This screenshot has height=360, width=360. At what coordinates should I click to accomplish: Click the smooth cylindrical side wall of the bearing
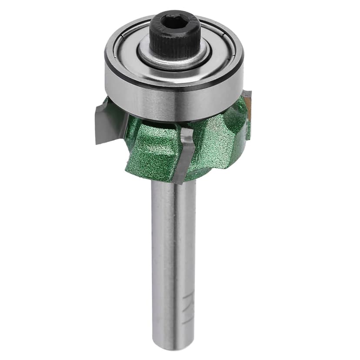pos(174,102)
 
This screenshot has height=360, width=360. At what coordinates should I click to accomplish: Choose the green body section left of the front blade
pos(152,152)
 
